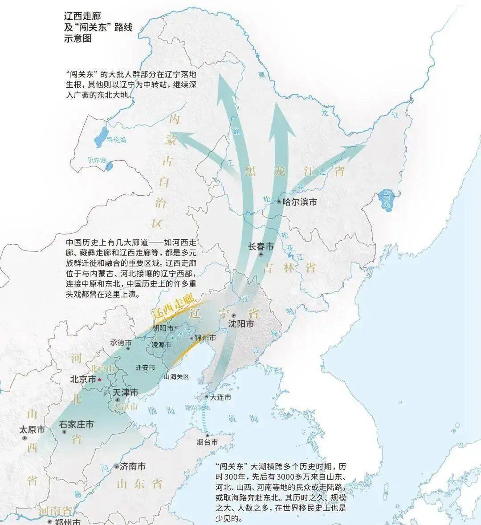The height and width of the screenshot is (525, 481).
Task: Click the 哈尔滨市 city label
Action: coord(300,202)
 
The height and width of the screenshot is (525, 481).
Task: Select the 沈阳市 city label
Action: coord(240,323)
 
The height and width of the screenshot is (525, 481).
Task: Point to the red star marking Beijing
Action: coord(100,380)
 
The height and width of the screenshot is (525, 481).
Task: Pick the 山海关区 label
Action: coord(176,376)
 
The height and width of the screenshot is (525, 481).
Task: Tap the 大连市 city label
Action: coord(220,397)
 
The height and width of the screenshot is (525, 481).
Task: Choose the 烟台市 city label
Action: coord(207,442)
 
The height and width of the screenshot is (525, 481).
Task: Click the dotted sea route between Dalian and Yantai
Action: coord(206,418)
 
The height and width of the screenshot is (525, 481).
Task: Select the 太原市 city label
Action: coord(32,430)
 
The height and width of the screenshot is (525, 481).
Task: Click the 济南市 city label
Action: coord(132,467)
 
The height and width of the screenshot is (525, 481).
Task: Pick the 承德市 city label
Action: coord(121,343)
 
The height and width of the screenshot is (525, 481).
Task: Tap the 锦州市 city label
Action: coord(206,338)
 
